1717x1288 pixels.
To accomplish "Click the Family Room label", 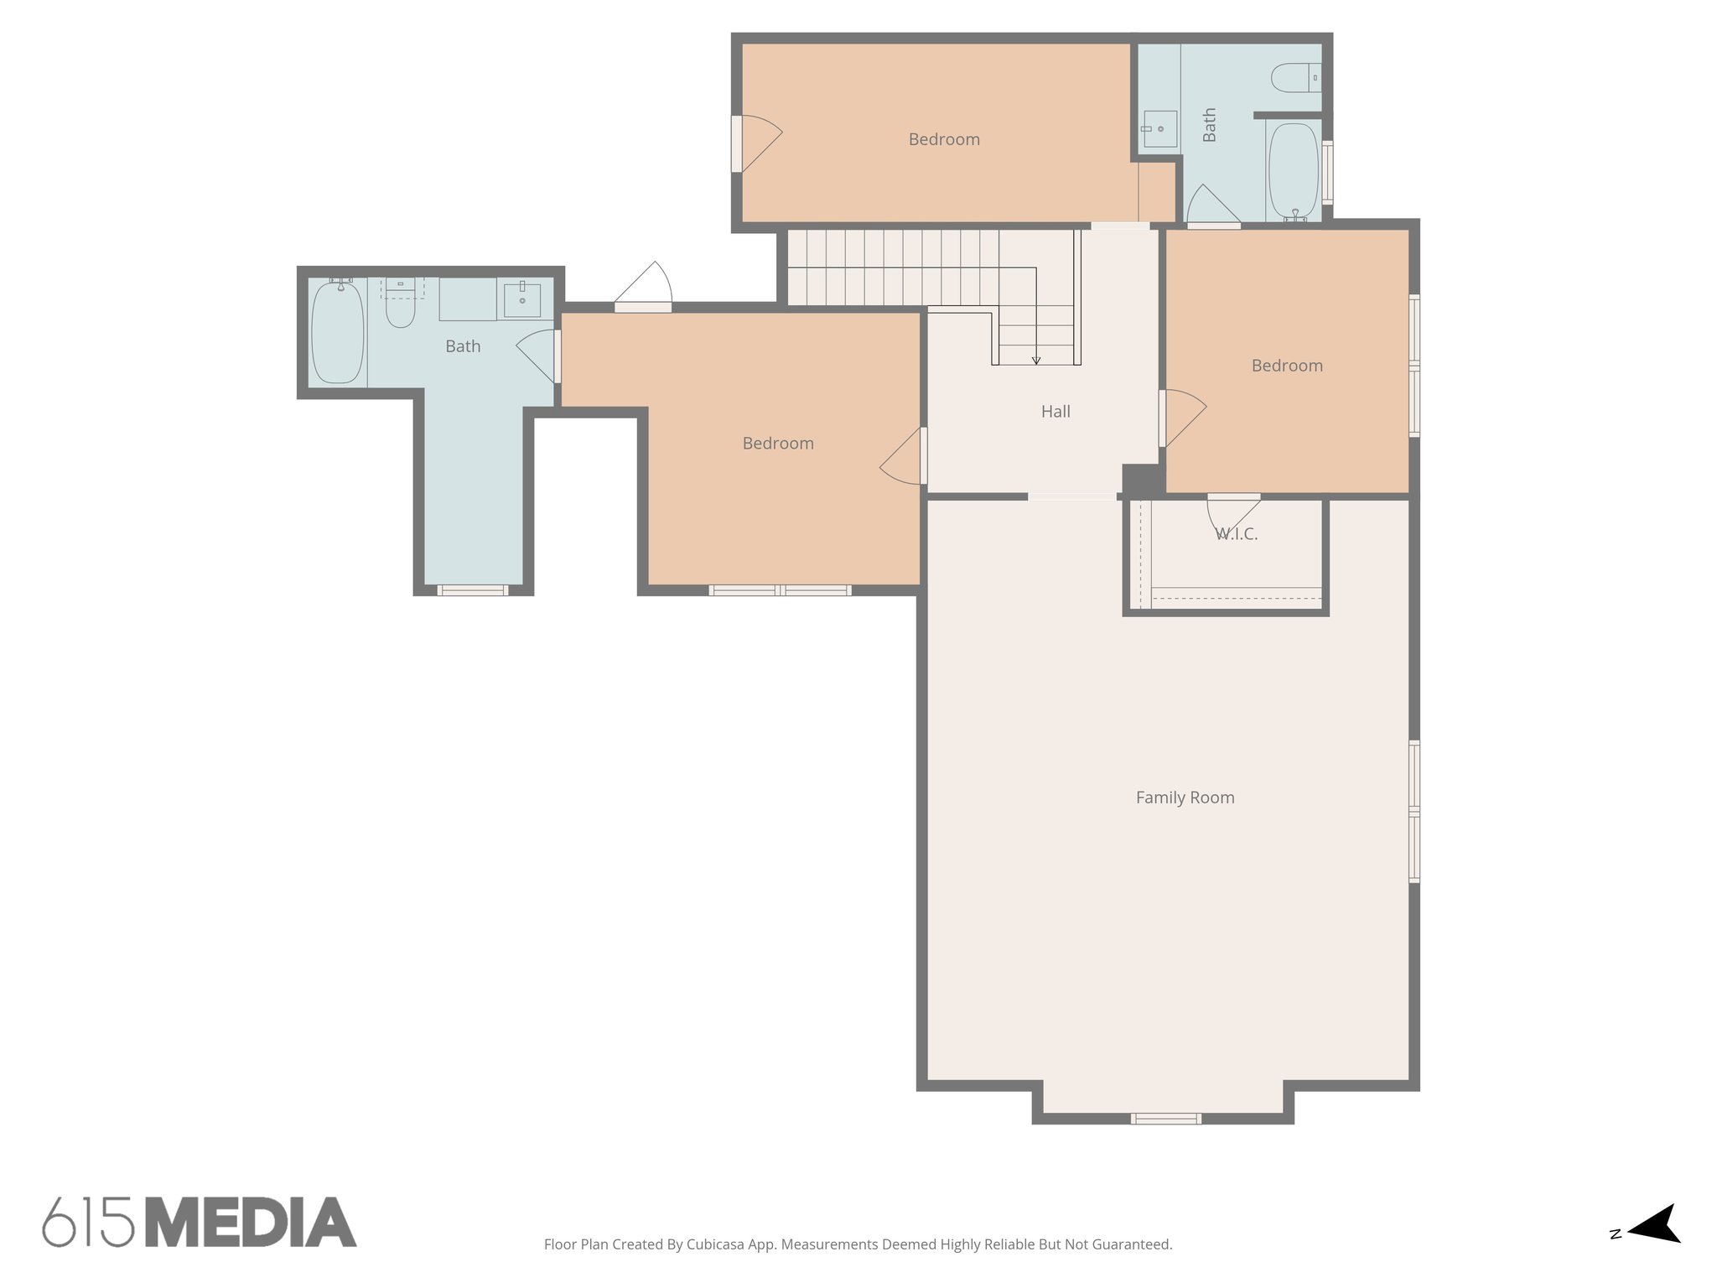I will [x=1185, y=797].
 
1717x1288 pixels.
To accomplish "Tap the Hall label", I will [x=1056, y=412].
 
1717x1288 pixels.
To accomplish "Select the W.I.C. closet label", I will [x=1237, y=534].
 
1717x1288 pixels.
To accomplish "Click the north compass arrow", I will [x=1654, y=1247].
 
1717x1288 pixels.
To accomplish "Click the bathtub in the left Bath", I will [x=337, y=332].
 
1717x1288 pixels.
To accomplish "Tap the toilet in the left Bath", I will [x=400, y=307].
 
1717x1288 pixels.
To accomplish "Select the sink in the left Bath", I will [x=521, y=299].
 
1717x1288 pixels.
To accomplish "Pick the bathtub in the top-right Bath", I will [x=1294, y=172].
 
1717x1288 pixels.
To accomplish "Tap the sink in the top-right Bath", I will [x=1160, y=129].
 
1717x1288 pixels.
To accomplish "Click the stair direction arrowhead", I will [x=1036, y=361].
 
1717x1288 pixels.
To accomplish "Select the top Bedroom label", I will [x=944, y=139].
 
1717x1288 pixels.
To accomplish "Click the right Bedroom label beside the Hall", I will [x=1287, y=366].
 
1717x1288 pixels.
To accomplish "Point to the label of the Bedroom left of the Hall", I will [x=778, y=444].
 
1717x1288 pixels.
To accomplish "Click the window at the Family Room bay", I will [x=1165, y=1118].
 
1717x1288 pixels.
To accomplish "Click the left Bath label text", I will [x=463, y=346].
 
